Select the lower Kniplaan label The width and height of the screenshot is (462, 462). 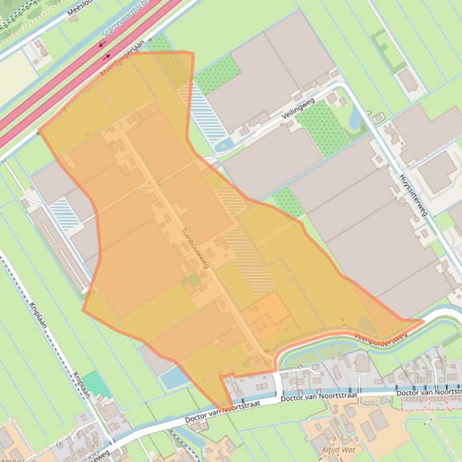(x=80, y=384)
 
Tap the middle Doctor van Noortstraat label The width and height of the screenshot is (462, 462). (x=319, y=397)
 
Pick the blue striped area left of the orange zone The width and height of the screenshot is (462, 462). (x=64, y=214)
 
